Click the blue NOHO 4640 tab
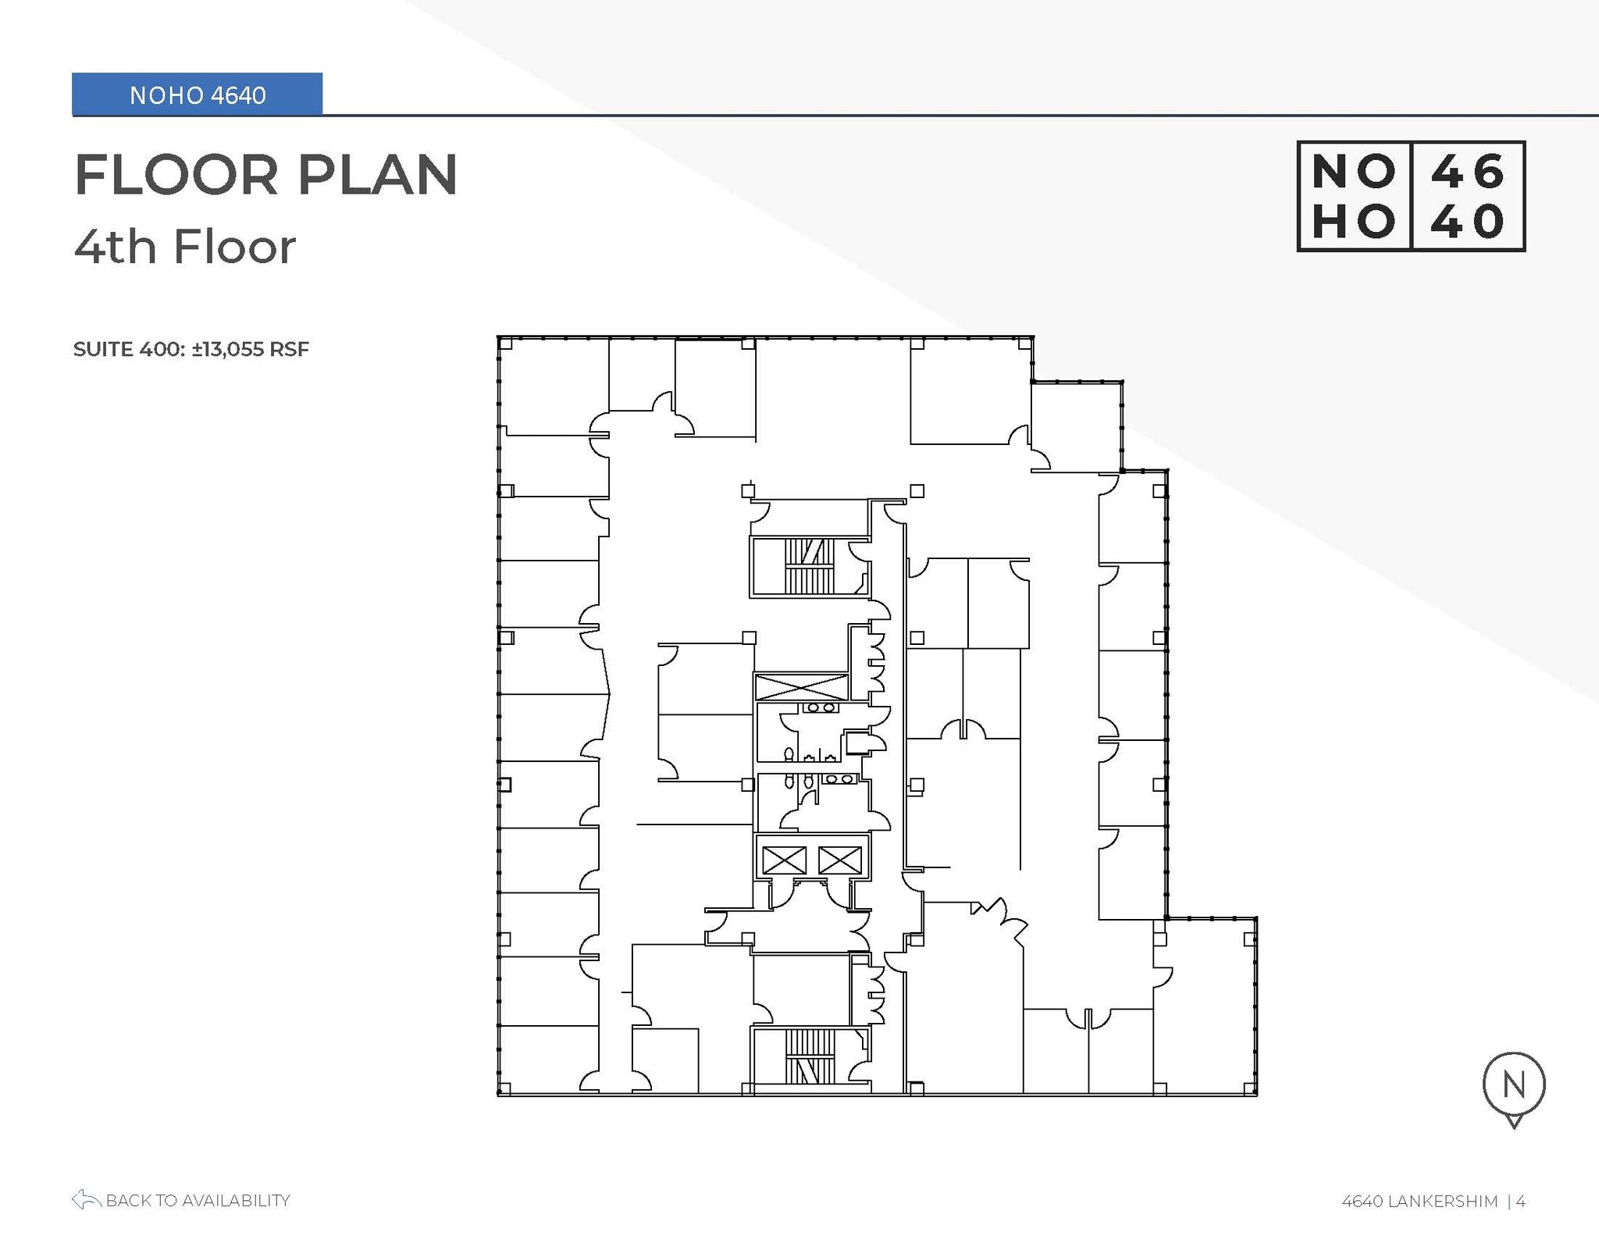(x=197, y=94)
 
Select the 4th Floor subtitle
(x=185, y=247)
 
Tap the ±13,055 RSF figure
(x=251, y=349)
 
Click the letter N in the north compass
(x=1513, y=1085)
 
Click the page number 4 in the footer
(x=1520, y=1201)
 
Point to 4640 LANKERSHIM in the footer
(x=1419, y=1201)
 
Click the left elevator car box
(x=784, y=860)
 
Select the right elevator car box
(x=840, y=860)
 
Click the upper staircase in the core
(x=810, y=566)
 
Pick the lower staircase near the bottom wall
(x=810, y=1056)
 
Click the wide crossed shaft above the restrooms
(x=801, y=687)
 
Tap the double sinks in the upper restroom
(x=819, y=708)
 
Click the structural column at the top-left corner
(x=505, y=344)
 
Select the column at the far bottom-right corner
(x=1249, y=1088)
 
